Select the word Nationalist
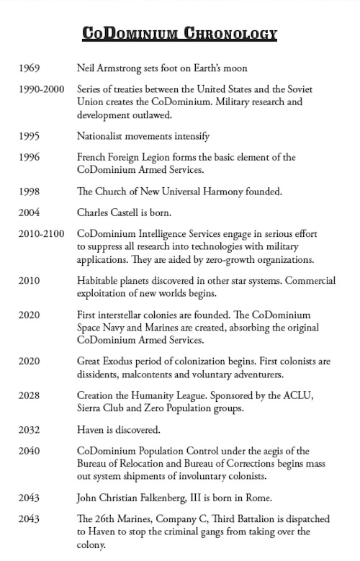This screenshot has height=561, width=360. [100, 135]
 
